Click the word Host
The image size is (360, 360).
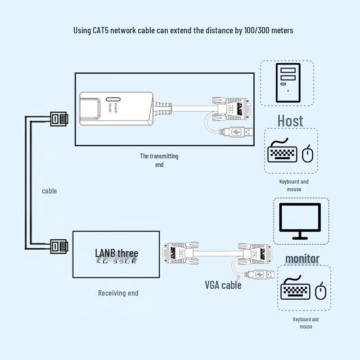290,121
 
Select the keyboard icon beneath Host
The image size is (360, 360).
283,152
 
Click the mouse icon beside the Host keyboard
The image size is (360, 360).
308,154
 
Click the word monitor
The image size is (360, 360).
302,259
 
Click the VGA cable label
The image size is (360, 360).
223,285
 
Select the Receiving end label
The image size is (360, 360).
118,293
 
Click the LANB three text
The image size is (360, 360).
117,253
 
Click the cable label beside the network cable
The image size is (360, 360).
49,191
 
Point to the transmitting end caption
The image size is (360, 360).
159,160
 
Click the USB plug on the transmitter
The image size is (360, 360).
243,132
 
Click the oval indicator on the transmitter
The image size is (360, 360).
112,99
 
